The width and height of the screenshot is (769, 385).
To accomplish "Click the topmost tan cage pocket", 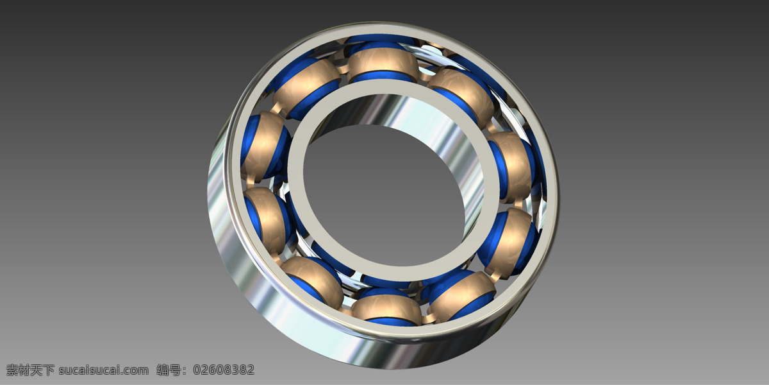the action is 383,62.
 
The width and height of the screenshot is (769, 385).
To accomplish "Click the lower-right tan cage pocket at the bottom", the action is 462,296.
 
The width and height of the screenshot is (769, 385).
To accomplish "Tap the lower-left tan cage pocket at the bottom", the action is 313,282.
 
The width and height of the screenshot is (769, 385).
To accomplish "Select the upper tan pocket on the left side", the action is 263,144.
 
